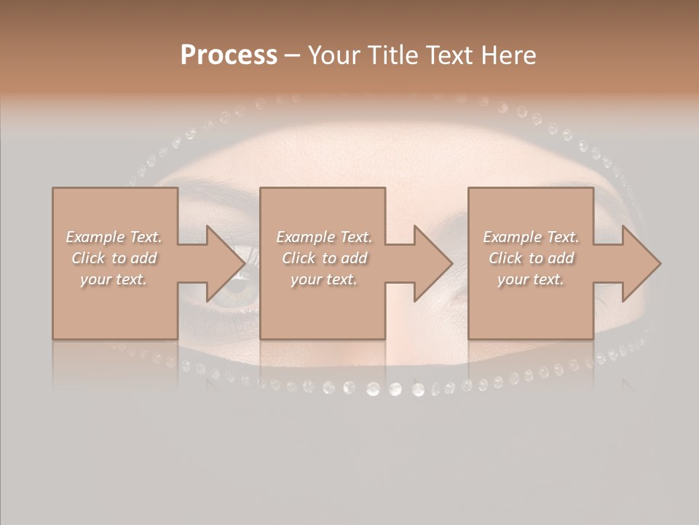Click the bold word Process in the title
coord(229,55)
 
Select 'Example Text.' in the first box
coord(114,237)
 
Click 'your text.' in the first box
coord(114,279)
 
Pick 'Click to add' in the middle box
coord(324,258)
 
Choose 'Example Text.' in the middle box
coord(324,237)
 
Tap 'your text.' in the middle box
coord(324,279)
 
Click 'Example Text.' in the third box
coord(531,237)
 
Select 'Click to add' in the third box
coord(531,258)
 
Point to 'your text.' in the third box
coord(531,279)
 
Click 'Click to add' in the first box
coord(114,258)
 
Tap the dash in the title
coord(293,56)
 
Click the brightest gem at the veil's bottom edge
coord(394,390)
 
